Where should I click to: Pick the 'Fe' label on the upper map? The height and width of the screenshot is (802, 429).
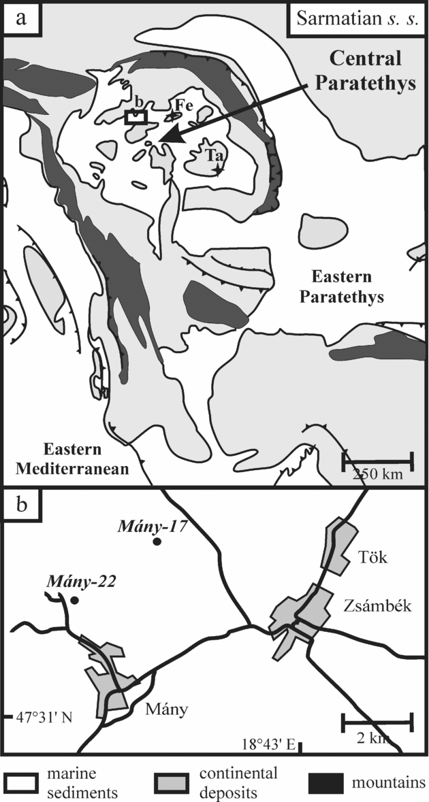point(180,105)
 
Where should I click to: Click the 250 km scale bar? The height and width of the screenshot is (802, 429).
point(377,461)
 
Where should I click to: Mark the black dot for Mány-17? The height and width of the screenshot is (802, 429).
point(157,542)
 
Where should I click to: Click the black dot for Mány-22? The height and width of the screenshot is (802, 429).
point(74,601)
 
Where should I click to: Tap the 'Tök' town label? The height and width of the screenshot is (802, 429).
point(372,556)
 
